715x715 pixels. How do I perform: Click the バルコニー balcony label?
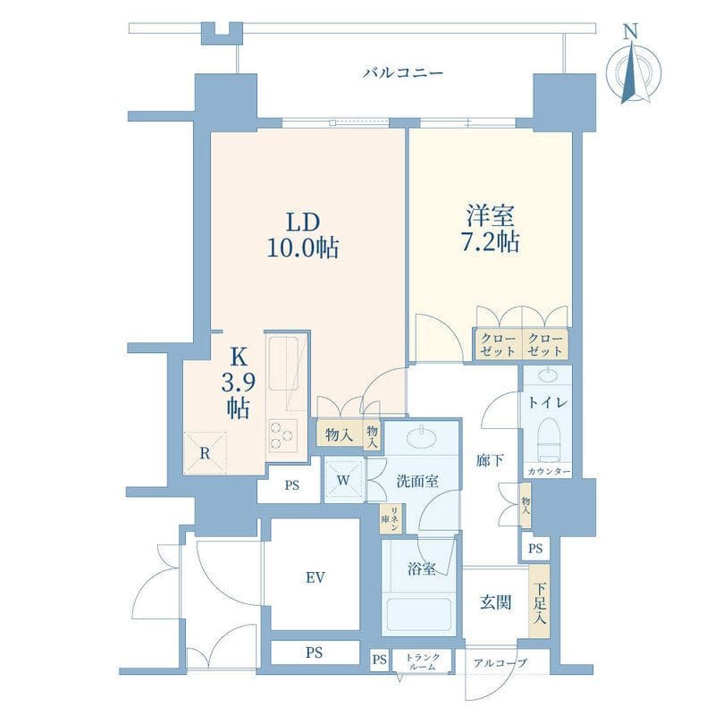click(403, 73)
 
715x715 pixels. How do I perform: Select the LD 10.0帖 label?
click(303, 235)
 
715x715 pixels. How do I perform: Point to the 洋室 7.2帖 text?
click(491, 230)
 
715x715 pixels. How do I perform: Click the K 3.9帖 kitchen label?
click(238, 383)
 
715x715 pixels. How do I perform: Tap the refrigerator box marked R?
click(206, 453)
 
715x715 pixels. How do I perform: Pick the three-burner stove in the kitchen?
click(282, 435)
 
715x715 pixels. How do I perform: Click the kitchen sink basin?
click(283, 364)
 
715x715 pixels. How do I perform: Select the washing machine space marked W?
click(343, 480)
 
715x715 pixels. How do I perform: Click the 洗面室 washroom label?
click(417, 481)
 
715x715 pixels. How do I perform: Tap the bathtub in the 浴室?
click(418, 614)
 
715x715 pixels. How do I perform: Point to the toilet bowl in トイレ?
click(549, 439)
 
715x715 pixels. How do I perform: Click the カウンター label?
click(549, 471)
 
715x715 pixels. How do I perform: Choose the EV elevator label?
click(315, 577)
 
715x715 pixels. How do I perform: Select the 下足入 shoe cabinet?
click(540, 601)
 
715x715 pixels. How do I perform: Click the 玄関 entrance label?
click(496, 602)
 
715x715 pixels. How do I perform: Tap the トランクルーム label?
click(423, 661)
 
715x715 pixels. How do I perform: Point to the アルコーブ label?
click(500, 662)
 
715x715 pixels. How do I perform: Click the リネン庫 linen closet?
click(391, 518)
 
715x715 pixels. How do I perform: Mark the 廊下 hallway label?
click(490, 460)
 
